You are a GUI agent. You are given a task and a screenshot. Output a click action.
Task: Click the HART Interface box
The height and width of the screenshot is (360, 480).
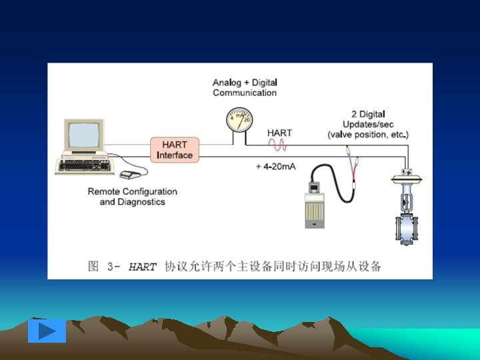pos(175,150)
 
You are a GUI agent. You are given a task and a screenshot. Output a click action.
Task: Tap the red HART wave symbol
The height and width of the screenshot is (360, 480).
pos(278,145)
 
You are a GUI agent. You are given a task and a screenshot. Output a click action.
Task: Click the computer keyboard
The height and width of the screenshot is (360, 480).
pos(84,165)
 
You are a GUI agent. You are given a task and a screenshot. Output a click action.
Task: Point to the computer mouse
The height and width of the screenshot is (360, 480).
pos(129,176)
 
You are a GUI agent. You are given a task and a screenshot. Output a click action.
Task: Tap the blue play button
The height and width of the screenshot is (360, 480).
pos(47,331)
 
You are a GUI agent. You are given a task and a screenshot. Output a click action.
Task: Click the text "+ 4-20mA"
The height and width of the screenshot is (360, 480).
pos(276,166)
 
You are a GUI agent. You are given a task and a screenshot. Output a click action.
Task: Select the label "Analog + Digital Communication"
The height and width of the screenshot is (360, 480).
pos(245,87)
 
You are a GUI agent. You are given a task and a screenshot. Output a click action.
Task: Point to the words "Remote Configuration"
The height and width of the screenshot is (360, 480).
pos(133,191)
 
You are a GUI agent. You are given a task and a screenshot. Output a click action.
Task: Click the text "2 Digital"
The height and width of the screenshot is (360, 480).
pos(368,114)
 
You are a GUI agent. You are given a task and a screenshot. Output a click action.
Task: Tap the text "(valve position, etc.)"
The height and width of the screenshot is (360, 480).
pos(368,134)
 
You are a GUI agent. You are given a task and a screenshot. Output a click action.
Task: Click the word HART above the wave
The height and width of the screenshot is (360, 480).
pos(279,133)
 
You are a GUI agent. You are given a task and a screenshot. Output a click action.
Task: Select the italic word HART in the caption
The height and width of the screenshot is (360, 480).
pos(143,267)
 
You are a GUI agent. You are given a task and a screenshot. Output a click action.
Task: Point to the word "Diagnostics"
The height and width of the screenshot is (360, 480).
pos(141,201)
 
